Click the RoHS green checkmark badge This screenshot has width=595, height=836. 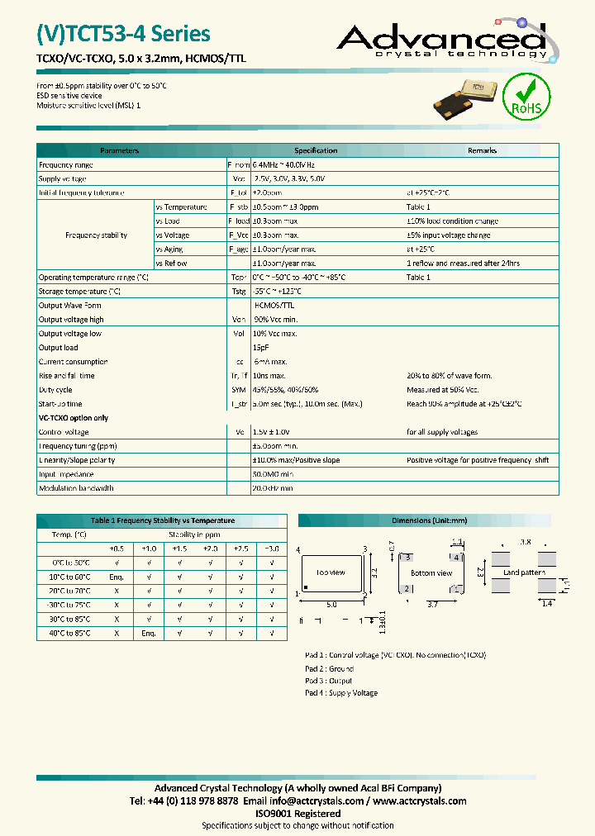point(526,96)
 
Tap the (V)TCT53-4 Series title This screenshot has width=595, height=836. point(124,34)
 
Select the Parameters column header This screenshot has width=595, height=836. point(119,150)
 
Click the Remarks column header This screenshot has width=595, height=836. point(482,150)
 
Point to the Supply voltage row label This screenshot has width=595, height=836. point(63,178)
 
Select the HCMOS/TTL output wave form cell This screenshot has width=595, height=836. point(272,306)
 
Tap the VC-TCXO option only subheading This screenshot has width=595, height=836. point(74,418)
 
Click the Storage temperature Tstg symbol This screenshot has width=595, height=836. point(238,292)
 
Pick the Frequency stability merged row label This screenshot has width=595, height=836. point(96,235)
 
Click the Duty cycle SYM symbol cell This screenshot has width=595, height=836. point(238,390)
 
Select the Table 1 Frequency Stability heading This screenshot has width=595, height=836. point(162,520)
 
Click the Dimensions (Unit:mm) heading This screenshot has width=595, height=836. point(429,520)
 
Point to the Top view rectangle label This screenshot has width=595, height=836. point(331,572)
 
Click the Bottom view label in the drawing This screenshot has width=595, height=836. point(431,572)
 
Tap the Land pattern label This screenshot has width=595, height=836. point(524,572)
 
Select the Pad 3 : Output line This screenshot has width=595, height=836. point(329,681)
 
